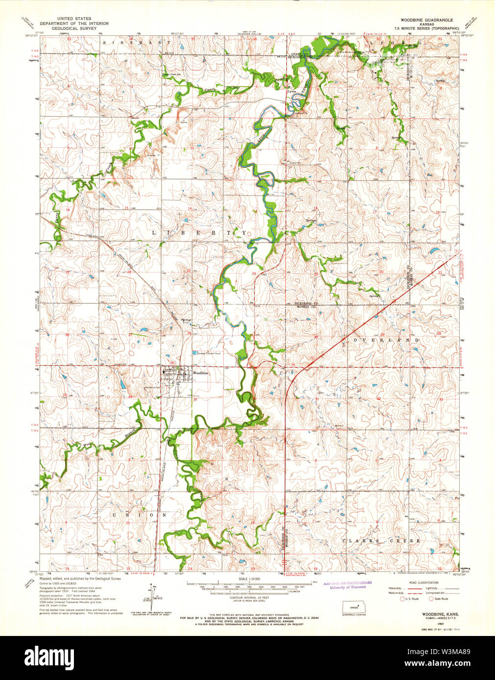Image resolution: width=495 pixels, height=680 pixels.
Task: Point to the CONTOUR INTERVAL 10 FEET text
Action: (248, 597)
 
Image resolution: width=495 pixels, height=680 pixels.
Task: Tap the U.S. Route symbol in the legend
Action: (403, 598)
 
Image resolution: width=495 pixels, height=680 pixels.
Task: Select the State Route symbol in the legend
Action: (431, 598)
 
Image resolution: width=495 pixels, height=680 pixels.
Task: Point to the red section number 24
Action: (254, 272)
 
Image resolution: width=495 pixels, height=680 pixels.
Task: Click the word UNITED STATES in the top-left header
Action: (74, 19)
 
